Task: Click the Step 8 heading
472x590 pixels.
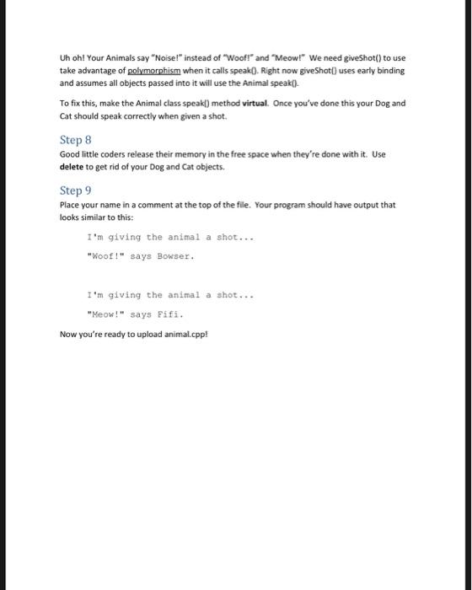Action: point(75,139)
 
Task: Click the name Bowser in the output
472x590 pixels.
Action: point(175,255)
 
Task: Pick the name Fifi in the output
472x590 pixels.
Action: point(170,314)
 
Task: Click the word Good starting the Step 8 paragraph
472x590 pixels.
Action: point(70,155)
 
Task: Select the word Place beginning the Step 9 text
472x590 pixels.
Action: point(70,205)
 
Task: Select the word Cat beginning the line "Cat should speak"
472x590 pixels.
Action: point(67,115)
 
